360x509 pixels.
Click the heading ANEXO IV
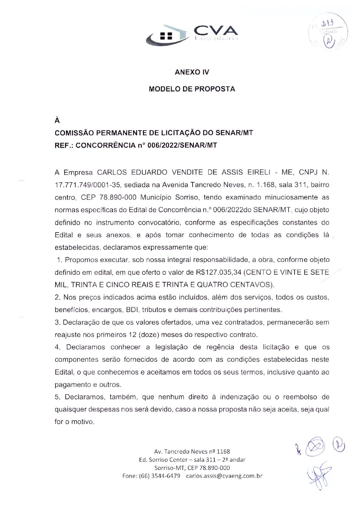pos(192,72)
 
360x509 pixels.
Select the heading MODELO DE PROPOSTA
pos(192,89)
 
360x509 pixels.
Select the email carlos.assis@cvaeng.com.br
pos(224,476)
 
